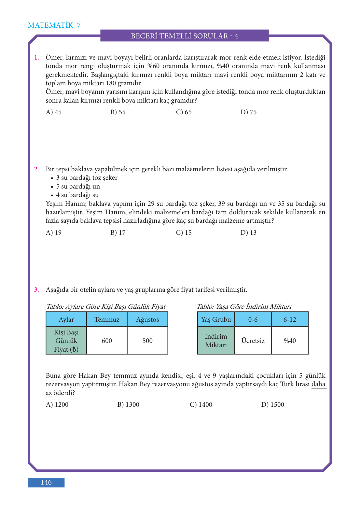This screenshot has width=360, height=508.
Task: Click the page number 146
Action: click(x=46, y=482)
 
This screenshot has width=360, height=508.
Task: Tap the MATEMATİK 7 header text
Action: click(x=54, y=25)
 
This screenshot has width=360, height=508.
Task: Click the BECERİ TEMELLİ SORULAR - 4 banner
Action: click(x=184, y=36)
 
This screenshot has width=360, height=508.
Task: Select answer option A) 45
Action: click(x=54, y=112)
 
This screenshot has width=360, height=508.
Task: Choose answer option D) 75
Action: click(x=248, y=112)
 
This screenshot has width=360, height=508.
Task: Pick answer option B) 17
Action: click(x=118, y=233)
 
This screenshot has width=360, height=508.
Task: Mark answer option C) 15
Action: click(x=184, y=233)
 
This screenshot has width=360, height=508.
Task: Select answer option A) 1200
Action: click(x=57, y=404)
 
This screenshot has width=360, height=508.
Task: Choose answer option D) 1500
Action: click(x=272, y=404)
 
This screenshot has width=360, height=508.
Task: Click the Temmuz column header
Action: click(x=107, y=319)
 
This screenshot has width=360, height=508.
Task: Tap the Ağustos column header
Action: click(x=147, y=319)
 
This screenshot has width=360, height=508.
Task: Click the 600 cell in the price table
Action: click(x=107, y=341)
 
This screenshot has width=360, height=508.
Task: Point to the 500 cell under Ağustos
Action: click(x=147, y=341)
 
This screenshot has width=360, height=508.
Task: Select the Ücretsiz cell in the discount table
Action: click(x=253, y=341)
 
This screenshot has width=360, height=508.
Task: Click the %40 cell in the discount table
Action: click(x=290, y=341)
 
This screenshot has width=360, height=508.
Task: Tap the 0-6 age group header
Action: click(x=253, y=319)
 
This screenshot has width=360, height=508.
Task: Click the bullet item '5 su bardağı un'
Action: click(x=78, y=186)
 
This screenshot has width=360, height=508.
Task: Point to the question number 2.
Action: click(x=36, y=169)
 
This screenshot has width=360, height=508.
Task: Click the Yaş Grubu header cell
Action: click(x=216, y=319)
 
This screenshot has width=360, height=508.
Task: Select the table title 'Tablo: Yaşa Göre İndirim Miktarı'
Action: click(x=244, y=306)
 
